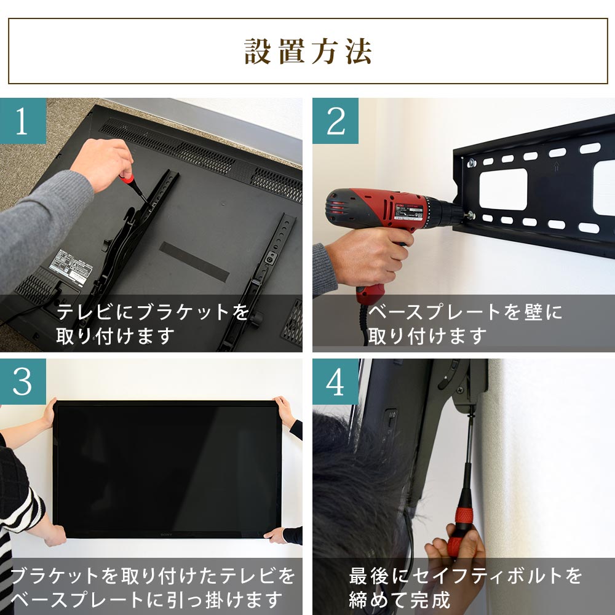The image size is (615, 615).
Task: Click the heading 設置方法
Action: coord(307,52)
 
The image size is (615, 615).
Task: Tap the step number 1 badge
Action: coord(23,121)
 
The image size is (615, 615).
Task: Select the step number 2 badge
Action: coord(335,121)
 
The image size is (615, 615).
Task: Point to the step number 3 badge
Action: coord(23,382)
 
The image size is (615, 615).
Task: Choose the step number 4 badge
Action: coord(335,382)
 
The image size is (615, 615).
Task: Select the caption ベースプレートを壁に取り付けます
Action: coord(464,323)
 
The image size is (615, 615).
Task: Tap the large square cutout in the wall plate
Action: coord(502,189)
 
